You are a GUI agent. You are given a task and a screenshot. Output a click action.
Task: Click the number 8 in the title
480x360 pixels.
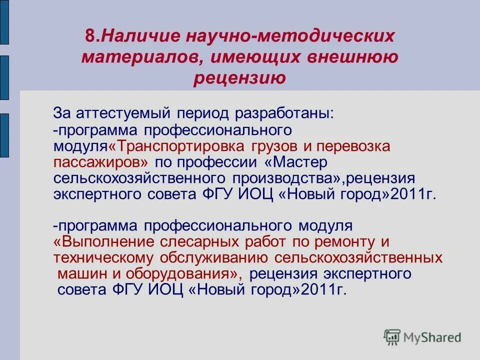coord(89,36)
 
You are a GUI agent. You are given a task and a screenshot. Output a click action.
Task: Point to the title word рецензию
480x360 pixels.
coord(239,78)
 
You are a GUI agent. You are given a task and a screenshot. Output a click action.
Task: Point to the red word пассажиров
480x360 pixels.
coord(100,162)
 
